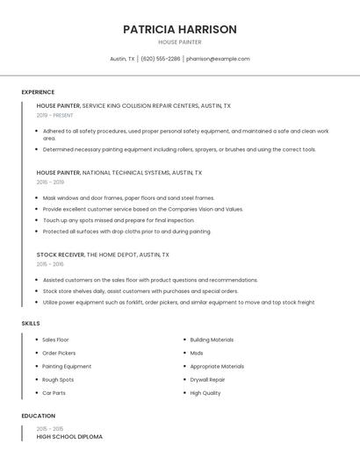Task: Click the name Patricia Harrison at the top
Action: [x=180, y=29]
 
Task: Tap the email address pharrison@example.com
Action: [x=218, y=59]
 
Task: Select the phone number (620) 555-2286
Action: [x=160, y=59]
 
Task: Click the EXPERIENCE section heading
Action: [x=38, y=92]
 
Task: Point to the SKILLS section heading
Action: [x=31, y=324]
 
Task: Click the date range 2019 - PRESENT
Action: [x=54, y=115]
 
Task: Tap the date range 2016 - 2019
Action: [x=50, y=182]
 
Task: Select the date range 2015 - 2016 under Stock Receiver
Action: [x=50, y=264]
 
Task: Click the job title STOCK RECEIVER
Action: [x=61, y=254]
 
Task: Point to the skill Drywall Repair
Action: [x=207, y=380]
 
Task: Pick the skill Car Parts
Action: [x=54, y=393]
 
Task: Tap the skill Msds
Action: [x=197, y=353]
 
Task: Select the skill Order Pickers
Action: [x=59, y=353]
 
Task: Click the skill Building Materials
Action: [x=212, y=340]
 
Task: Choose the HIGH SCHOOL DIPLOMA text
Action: [x=69, y=436]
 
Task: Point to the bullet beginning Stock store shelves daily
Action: [x=140, y=291]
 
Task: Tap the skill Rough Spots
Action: [x=58, y=380]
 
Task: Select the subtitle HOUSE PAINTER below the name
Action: [x=180, y=42]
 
